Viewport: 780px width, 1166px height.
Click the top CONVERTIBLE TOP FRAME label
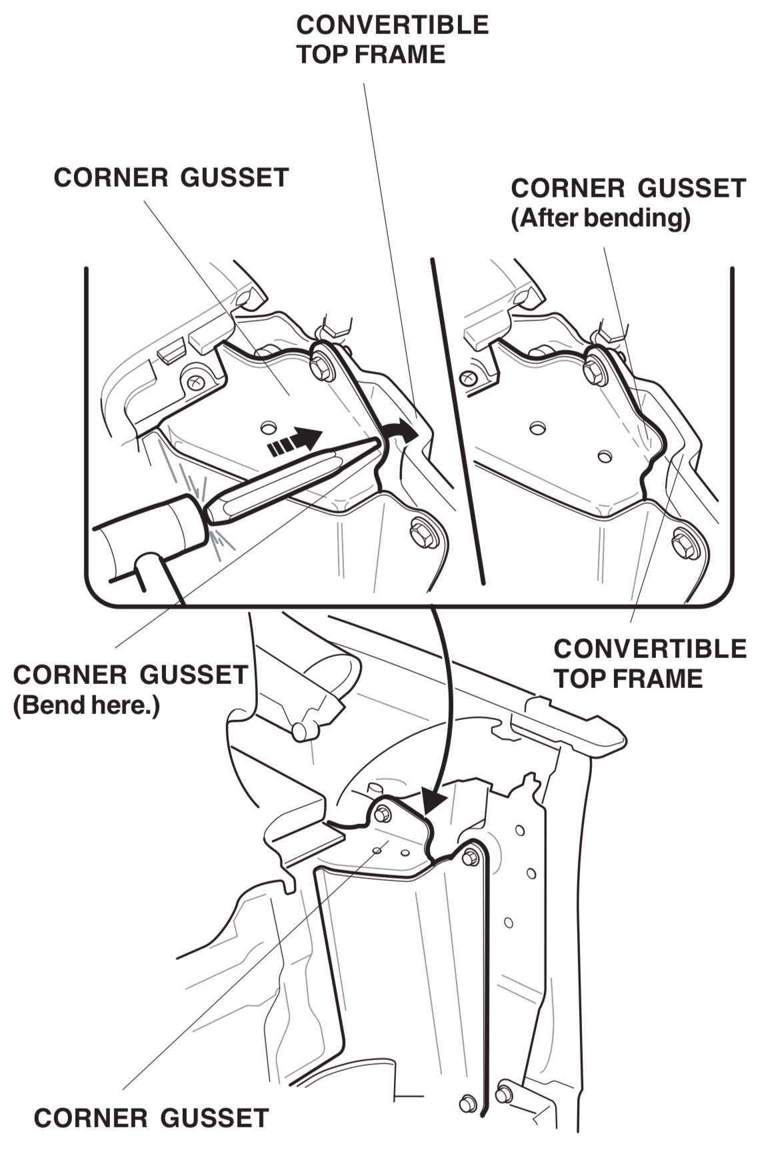coord(392,39)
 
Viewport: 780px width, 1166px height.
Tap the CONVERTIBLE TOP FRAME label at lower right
coord(650,663)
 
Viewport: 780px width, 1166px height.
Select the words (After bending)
coord(600,218)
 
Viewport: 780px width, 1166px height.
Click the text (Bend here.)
coord(87,705)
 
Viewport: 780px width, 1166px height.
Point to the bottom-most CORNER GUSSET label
coord(151,1118)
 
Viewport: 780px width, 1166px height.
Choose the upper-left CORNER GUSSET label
coord(171,178)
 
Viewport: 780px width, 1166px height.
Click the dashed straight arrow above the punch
coord(294,442)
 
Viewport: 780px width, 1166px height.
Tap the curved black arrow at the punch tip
coord(402,433)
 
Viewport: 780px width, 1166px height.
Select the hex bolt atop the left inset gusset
coord(323,366)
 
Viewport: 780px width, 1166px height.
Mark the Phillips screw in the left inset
coord(195,383)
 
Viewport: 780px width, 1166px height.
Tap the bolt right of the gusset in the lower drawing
coord(470,857)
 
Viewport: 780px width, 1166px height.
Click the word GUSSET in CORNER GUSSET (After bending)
coord(691,188)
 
